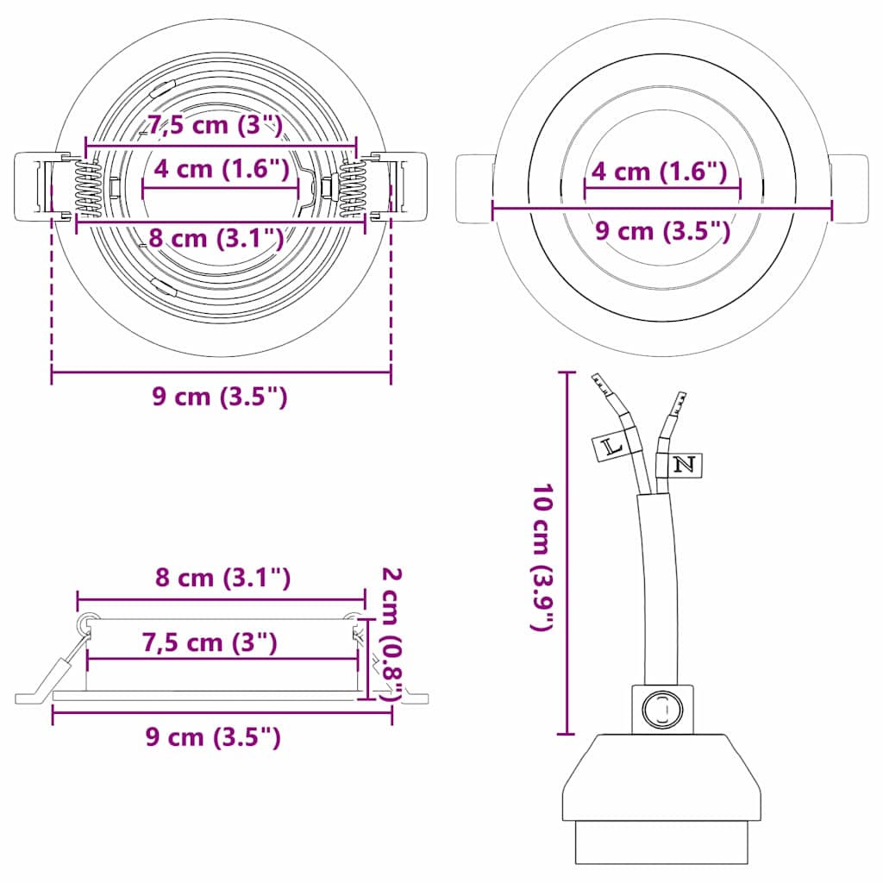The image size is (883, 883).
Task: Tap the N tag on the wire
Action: click(684, 465)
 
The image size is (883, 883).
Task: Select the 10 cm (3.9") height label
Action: click(542, 558)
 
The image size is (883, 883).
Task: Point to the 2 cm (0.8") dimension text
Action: click(393, 634)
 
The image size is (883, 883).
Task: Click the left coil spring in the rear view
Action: click(88, 191)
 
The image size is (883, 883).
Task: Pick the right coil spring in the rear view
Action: click(353, 191)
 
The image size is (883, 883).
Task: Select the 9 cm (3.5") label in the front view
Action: click(663, 230)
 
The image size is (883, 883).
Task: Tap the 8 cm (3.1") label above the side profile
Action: click(222, 578)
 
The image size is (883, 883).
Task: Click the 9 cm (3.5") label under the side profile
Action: click(213, 737)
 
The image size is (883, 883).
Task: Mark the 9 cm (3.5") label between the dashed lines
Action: click(219, 397)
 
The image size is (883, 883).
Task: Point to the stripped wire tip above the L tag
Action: click(601, 385)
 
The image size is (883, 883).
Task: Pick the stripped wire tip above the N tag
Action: click(679, 404)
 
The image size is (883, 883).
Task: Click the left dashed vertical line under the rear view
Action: click(52, 293)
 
